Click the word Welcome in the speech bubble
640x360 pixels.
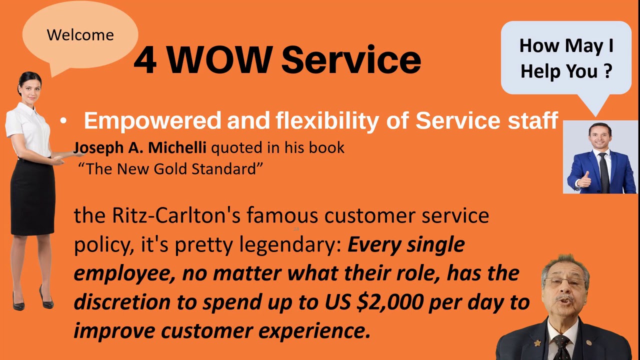pos(80,35)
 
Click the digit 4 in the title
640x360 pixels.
pos(144,60)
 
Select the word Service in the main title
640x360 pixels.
pos(351,60)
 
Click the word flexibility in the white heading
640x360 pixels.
pos(326,121)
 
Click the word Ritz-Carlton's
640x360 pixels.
pos(176,215)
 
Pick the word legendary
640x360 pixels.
pos(290,245)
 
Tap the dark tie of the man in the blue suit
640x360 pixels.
pos(604,172)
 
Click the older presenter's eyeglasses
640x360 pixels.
pos(565,283)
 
